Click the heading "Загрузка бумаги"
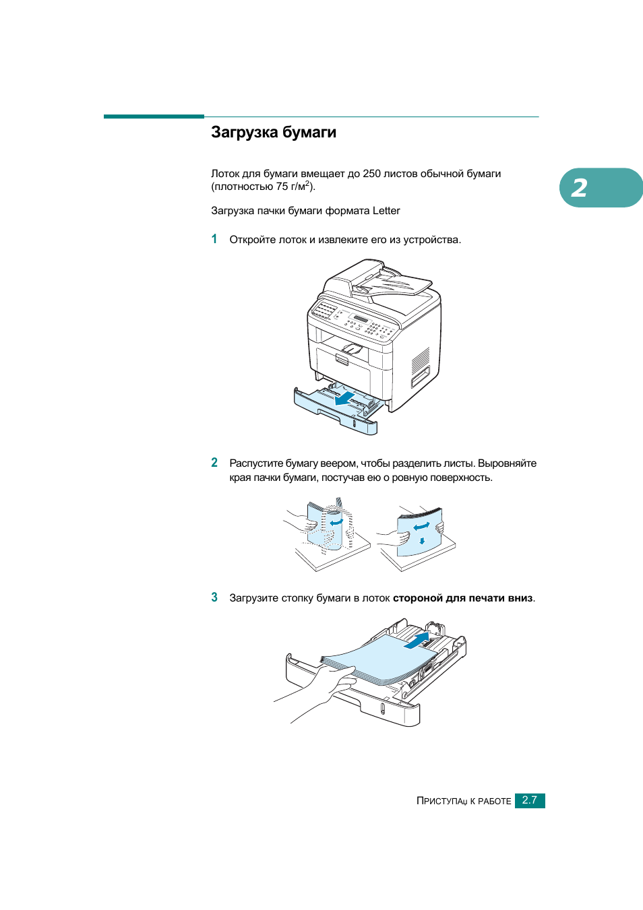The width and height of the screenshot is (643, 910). tap(273, 132)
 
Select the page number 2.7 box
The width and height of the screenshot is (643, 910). tap(529, 800)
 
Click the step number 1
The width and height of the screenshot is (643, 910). tap(214, 239)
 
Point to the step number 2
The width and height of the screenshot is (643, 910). tap(214, 463)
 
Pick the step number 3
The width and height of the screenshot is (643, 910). tap(214, 597)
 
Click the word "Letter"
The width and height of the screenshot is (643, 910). tap(386, 211)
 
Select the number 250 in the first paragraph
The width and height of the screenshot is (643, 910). tap(371, 174)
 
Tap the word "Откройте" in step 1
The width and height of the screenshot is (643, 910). tap(251, 240)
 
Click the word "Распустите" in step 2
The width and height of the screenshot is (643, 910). tap(255, 463)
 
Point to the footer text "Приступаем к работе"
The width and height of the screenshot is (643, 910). tap(464, 801)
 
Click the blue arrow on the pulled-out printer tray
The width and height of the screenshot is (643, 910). tap(346, 399)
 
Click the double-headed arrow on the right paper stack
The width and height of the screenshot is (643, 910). tap(421, 526)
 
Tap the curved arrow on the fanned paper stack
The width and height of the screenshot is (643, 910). tap(336, 521)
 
